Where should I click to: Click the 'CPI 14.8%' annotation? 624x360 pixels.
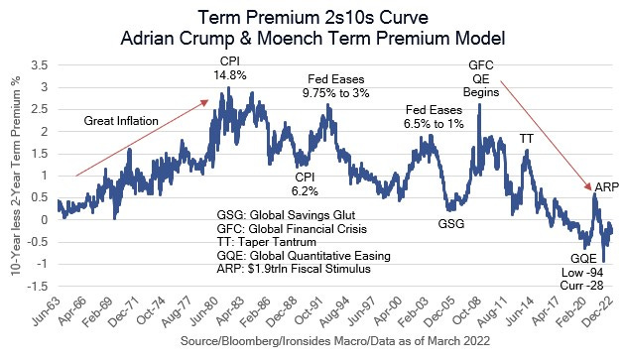click(229, 70)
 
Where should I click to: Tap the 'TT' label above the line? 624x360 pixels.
click(527, 140)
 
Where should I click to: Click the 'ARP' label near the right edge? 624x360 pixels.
click(605, 186)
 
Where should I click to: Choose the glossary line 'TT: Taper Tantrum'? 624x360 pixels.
click(267, 241)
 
